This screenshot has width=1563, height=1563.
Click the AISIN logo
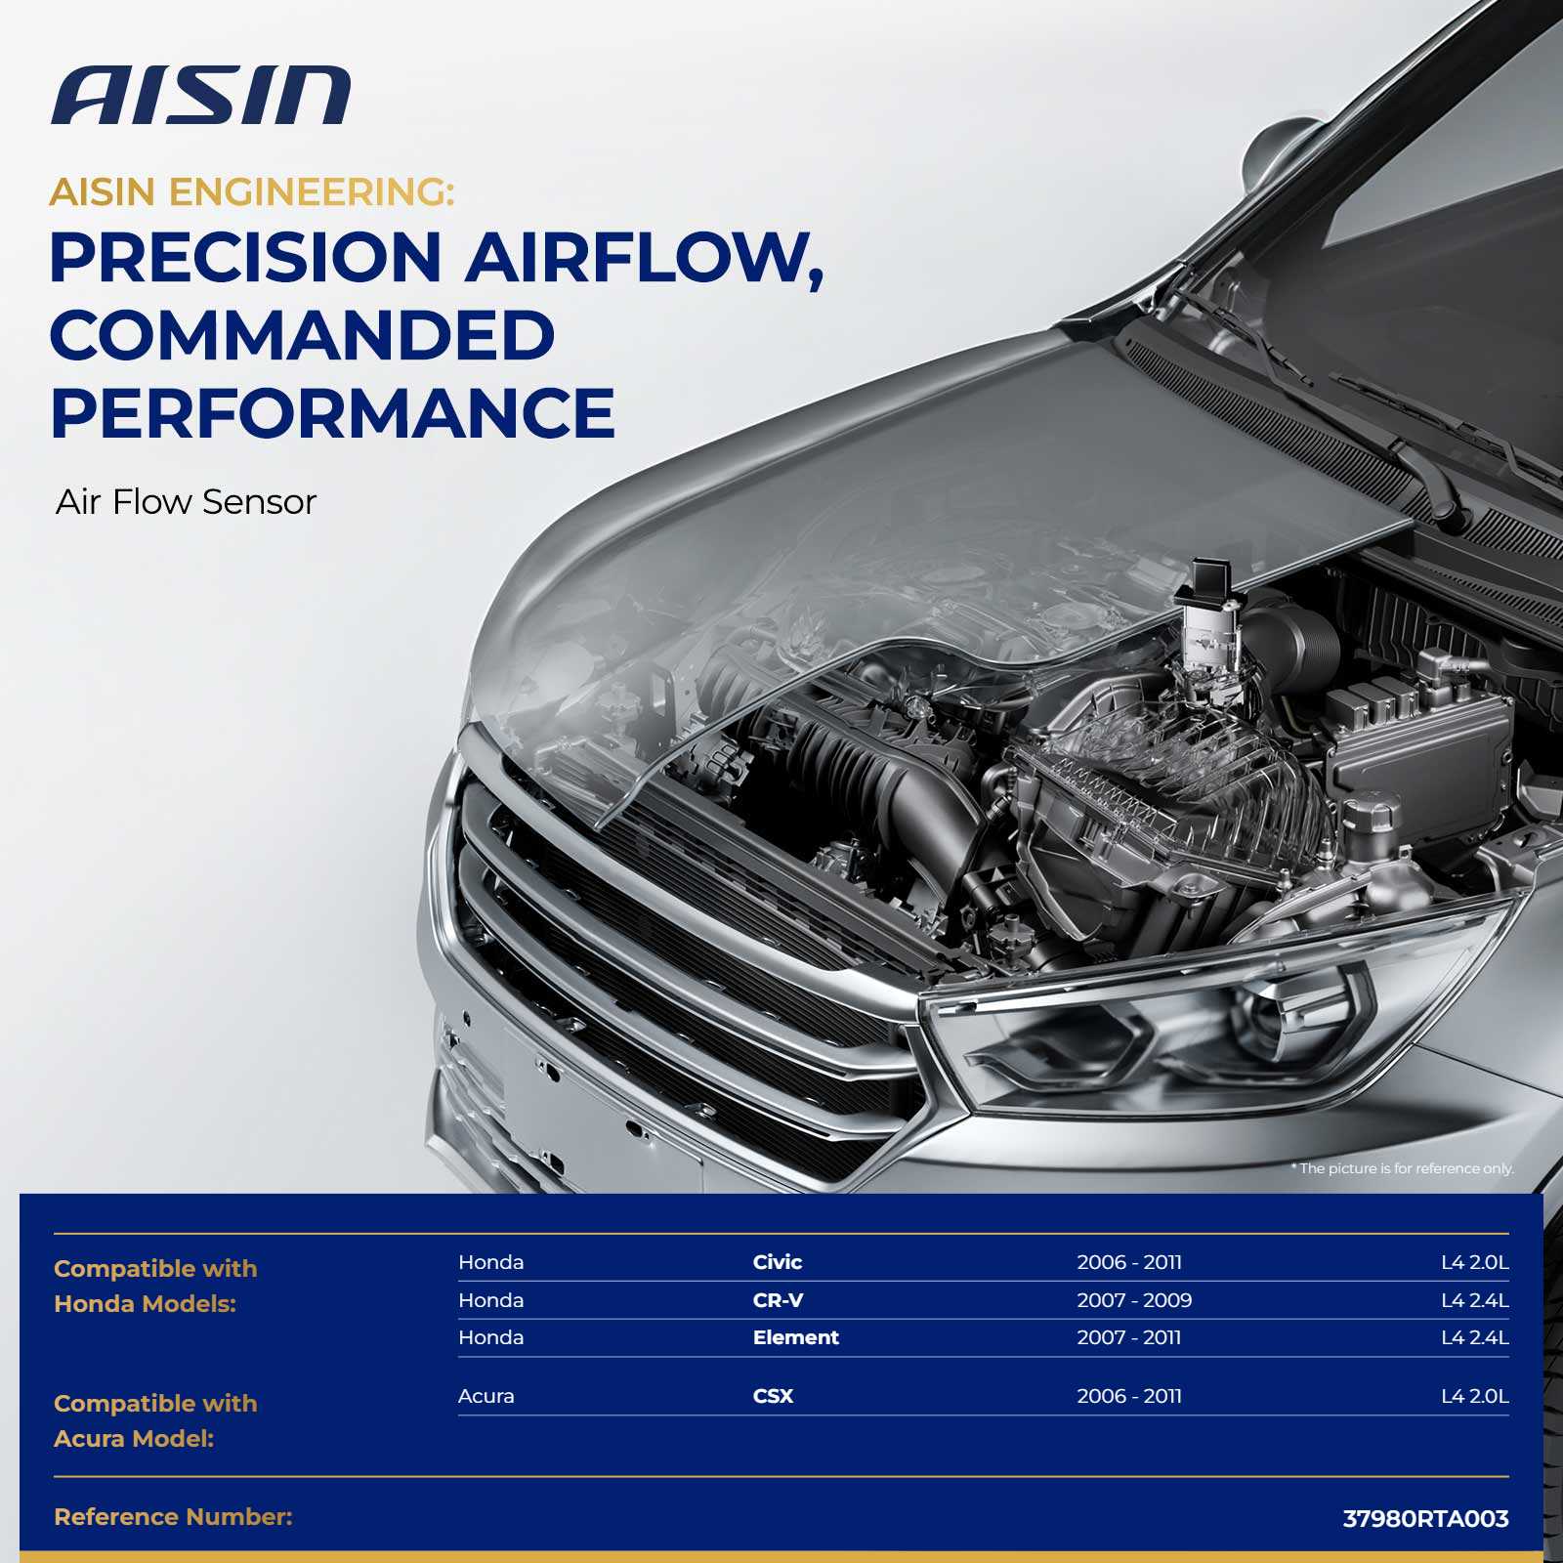tap(201, 96)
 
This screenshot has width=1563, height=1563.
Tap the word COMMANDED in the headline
tap(302, 335)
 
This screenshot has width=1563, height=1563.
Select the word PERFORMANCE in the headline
tap(332, 413)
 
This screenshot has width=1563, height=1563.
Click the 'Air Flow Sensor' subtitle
tap(187, 502)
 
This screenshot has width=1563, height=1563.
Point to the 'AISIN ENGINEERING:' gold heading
tap(252, 192)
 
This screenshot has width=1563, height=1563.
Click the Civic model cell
tap(778, 1262)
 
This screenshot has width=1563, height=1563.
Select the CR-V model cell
tap(779, 1300)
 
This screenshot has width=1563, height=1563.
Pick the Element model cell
tap(796, 1337)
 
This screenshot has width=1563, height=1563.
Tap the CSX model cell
tap(773, 1396)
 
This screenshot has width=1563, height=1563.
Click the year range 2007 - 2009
tap(1134, 1300)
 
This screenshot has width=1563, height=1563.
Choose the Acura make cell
tap(486, 1396)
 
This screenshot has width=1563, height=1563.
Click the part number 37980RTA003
tap(1426, 1519)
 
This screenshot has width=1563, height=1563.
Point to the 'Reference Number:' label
tap(173, 1517)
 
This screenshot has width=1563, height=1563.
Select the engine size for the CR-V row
tap(1475, 1300)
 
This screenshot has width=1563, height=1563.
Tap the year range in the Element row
tap(1129, 1337)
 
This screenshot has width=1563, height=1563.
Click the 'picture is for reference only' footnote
tap(1403, 1168)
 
